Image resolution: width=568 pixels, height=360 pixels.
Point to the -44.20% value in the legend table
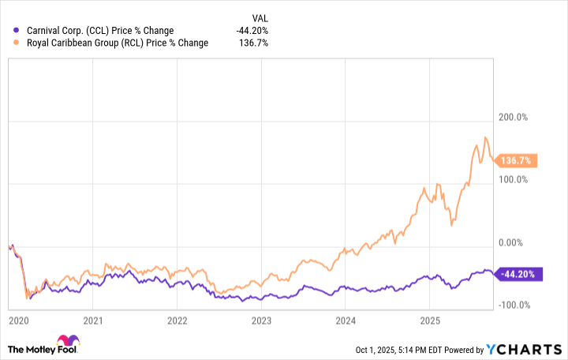(252, 31)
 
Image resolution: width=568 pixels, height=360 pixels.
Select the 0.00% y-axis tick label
(513, 242)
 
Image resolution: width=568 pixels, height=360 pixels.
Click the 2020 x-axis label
(17, 321)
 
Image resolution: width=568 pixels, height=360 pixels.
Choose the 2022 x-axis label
(177, 321)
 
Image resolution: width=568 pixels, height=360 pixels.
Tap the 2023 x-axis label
(261, 321)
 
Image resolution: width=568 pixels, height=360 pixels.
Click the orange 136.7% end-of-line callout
(517, 160)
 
